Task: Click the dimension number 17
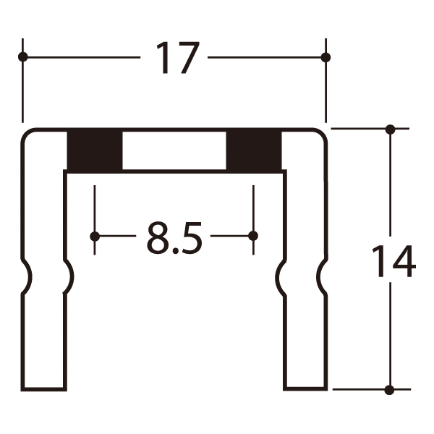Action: (177, 58)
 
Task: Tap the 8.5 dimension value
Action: (174, 237)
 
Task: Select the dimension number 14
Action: (393, 261)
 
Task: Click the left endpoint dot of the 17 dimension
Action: (22, 57)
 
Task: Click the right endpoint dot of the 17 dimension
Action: (325, 58)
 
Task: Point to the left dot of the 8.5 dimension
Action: (95, 236)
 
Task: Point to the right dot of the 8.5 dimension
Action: (253, 236)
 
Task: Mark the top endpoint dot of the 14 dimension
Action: (391, 129)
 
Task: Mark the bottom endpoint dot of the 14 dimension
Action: (389, 390)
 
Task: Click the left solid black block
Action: (95, 150)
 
